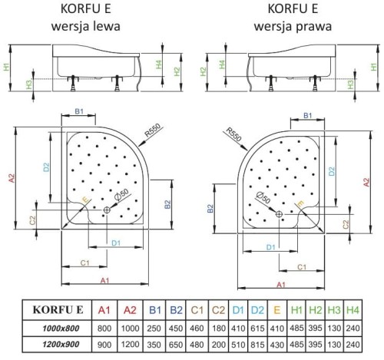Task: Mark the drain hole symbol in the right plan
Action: (279, 213)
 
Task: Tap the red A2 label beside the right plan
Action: (363, 179)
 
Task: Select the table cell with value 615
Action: (257, 327)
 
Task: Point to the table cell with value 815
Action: (257, 344)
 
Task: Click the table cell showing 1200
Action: (130, 344)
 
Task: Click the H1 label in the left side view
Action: (8, 68)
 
